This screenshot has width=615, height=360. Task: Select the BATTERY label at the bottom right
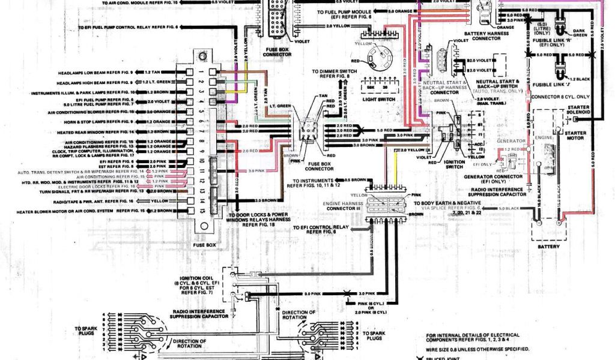[x=548, y=247]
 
